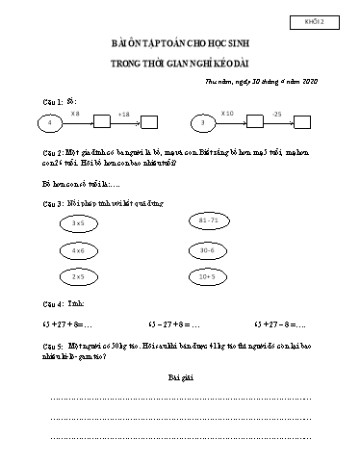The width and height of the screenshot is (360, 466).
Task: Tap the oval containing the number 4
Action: click(x=48, y=122)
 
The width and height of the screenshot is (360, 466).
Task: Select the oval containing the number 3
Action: click(x=202, y=122)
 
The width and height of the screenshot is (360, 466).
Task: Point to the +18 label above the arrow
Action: click(x=123, y=114)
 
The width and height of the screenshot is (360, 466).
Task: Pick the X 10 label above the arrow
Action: click(x=227, y=113)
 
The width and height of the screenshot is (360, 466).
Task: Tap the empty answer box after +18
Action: click(x=149, y=122)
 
